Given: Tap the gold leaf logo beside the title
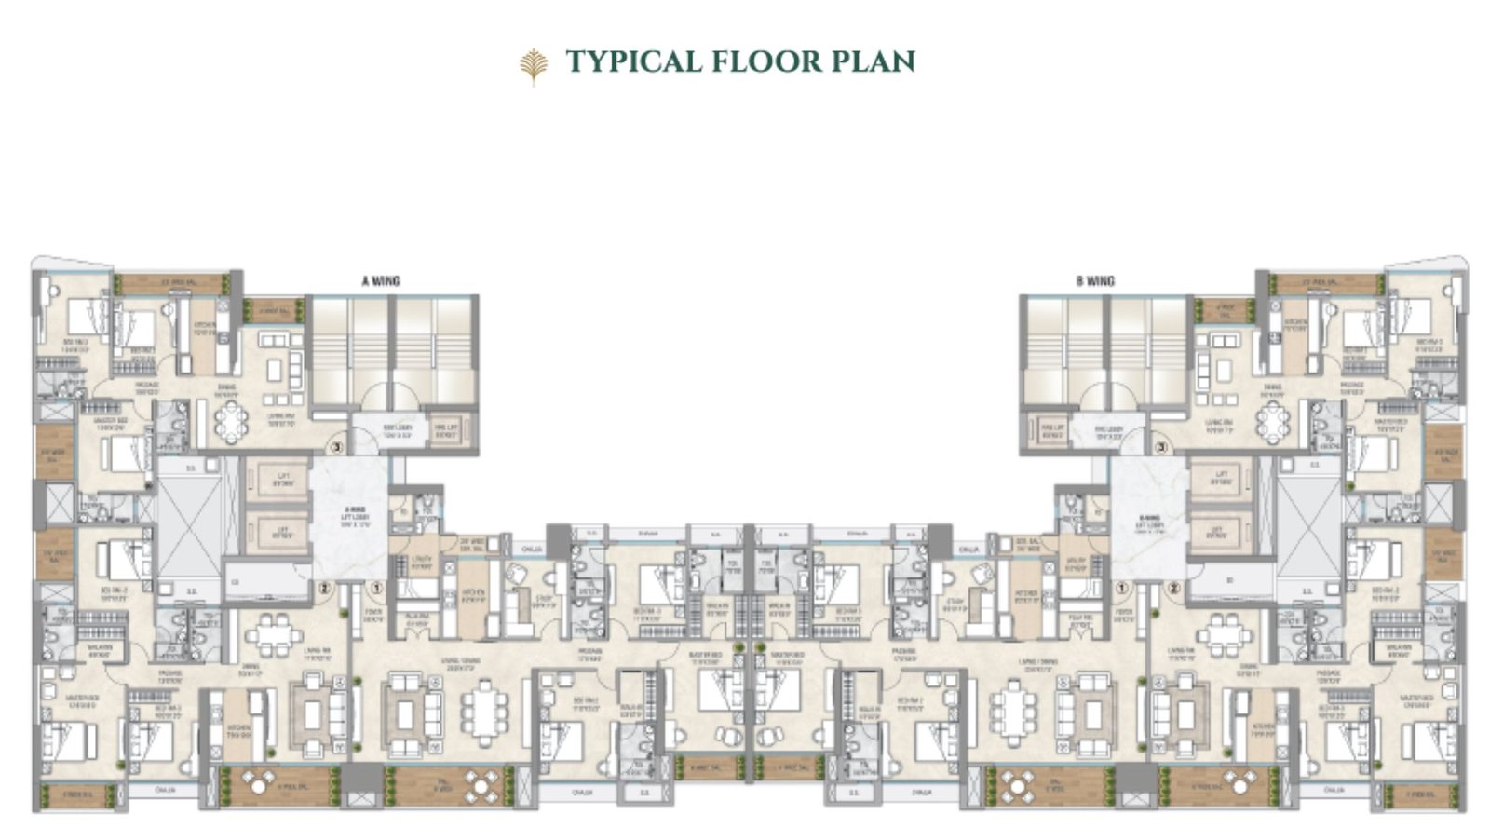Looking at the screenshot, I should click(533, 65).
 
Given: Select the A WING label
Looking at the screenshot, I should click(380, 280).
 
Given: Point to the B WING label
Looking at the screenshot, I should click(1094, 280).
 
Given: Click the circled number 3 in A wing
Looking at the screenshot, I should click(336, 447).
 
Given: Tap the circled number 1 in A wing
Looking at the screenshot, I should click(375, 588).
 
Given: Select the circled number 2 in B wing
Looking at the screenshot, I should click(1173, 588).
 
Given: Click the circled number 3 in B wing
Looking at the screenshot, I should click(1160, 447).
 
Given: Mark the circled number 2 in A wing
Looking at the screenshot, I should click(324, 588).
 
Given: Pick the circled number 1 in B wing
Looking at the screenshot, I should click(1122, 588).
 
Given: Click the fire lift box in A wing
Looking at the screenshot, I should click(448, 429).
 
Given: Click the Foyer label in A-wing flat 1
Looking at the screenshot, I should click(372, 617).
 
